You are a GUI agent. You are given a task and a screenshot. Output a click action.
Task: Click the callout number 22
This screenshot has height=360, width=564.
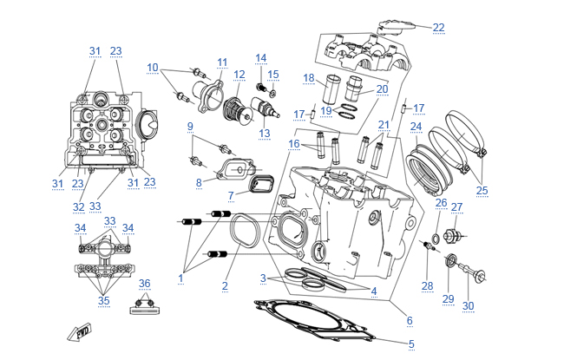[x=438, y=28]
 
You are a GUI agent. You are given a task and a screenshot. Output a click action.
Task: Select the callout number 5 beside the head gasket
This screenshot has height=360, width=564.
[x=411, y=344]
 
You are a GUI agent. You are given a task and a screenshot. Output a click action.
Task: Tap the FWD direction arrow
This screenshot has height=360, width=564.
[x=80, y=331]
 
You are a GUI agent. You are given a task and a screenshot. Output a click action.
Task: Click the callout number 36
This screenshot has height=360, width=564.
[x=145, y=283]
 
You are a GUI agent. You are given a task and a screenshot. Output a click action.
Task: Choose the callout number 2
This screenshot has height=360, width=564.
[x=225, y=285]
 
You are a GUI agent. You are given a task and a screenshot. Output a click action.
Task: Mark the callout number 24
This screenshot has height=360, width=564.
[x=416, y=127]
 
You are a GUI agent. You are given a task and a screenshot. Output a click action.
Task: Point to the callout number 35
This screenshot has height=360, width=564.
[x=104, y=301]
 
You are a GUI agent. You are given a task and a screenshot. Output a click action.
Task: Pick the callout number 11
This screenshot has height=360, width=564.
[x=222, y=62]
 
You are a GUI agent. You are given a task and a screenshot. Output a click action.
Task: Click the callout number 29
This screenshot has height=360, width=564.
[x=448, y=298]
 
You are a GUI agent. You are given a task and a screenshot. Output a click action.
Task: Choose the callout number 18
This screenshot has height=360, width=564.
[x=308, y=78]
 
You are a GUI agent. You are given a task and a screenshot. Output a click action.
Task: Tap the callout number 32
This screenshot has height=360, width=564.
[x=79, y=207]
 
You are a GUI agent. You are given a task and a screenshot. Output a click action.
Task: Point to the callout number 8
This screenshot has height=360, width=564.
[x=198, y=182]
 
